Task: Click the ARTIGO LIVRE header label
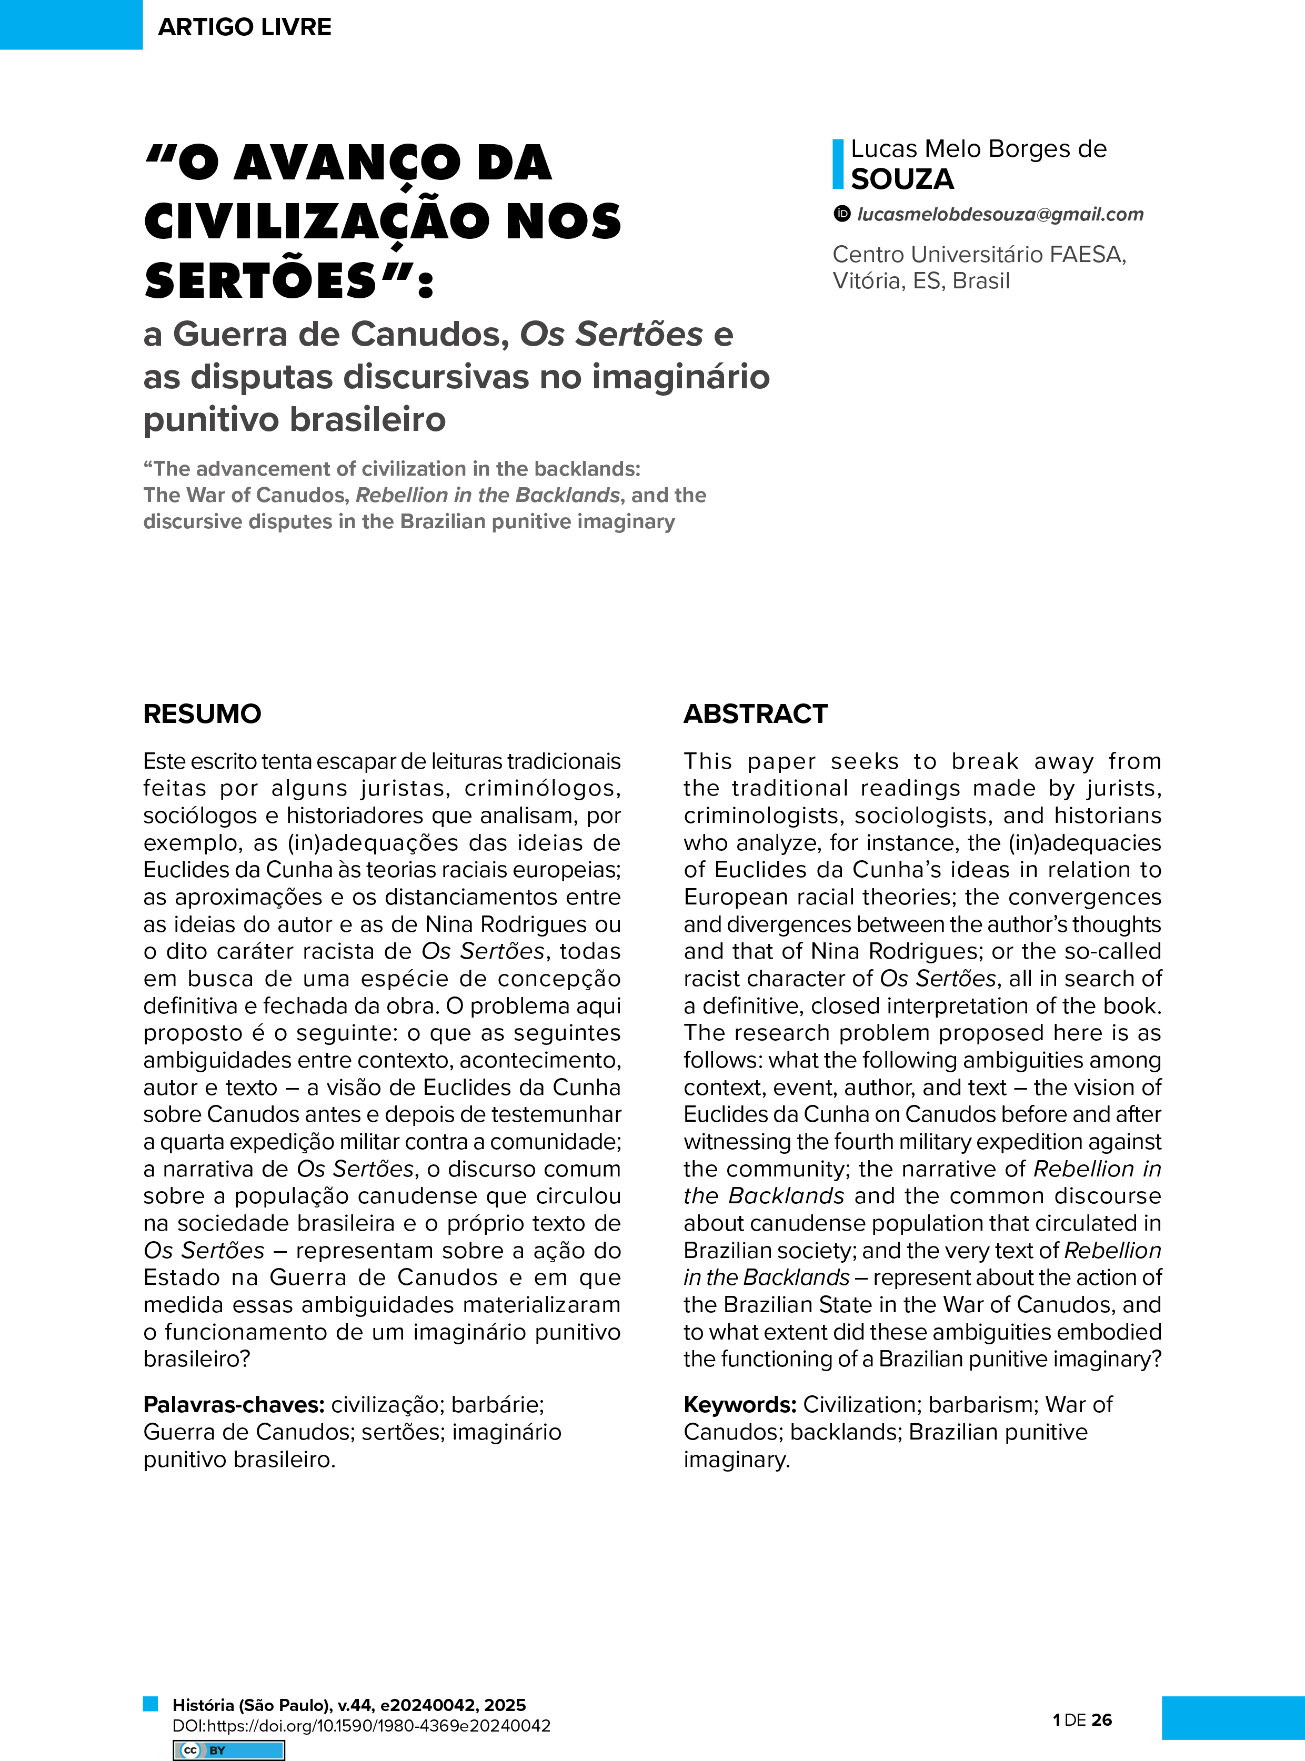244,27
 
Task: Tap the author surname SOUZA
902,179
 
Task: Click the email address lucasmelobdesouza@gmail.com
1000,214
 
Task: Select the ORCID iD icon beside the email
842,213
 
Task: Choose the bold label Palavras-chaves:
234,1404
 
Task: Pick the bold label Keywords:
739,1404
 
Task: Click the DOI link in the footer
361,1725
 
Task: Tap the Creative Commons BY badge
229,1750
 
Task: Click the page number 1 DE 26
1082,1720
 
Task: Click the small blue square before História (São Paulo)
150,1703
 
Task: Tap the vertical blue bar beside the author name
838,164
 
